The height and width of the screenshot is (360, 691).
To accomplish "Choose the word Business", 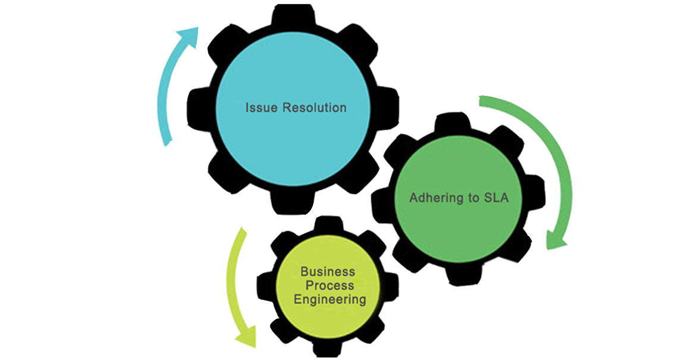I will (328, 271).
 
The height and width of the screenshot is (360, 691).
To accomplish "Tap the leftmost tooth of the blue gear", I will (196, 107).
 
